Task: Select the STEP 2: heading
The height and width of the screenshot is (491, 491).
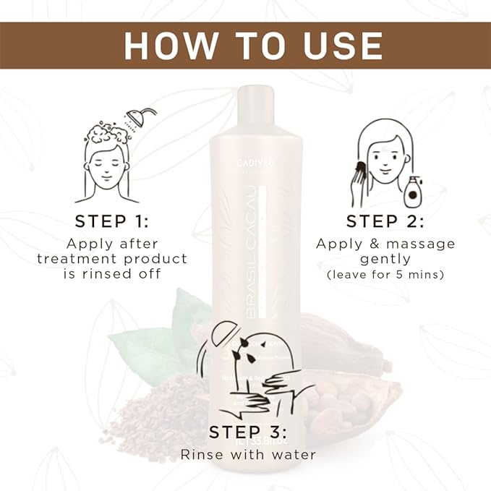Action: [384, 221]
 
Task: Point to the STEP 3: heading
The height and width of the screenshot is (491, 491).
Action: [248, 432]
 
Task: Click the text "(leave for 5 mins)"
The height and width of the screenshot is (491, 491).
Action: [385, 276]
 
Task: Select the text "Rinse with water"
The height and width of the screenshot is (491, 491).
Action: [248, 455]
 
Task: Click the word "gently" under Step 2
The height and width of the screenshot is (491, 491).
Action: [385, 259]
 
